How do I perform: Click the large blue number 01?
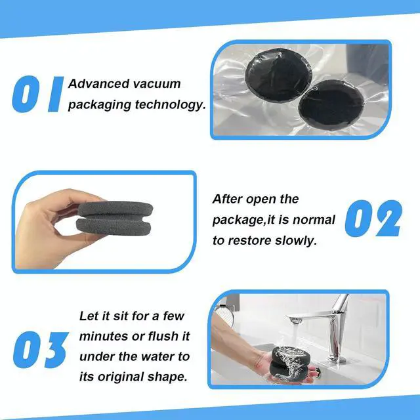point(38,94)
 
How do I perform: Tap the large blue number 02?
point(373,219)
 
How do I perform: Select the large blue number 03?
point(41,350)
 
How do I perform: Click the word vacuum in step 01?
point(157,84)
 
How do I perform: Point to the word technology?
point(171,105)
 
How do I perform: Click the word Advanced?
point(99,83)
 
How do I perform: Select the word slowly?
point(296,240)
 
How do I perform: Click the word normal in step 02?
point(314,220)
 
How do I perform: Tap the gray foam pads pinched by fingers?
point(115,218)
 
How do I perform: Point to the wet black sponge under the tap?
point(291,362)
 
